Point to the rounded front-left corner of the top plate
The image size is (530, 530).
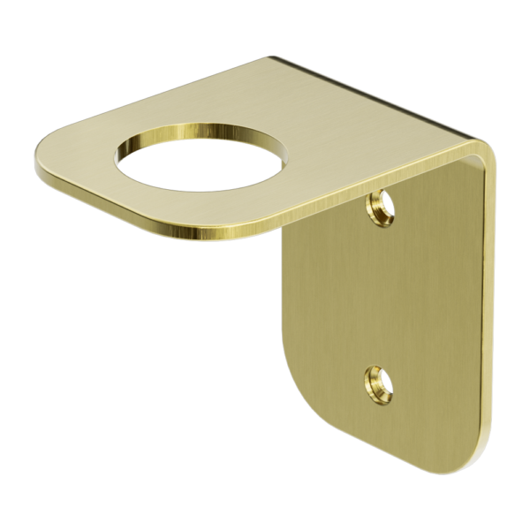point(49,155)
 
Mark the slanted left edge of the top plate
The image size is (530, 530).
point(150,97)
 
